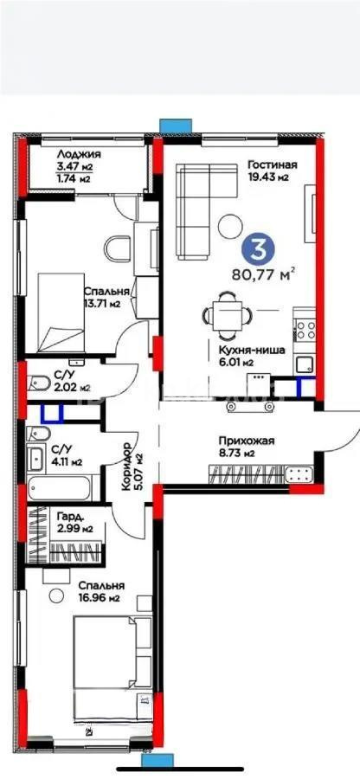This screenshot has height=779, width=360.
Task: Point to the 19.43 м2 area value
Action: click(x=267, y=177)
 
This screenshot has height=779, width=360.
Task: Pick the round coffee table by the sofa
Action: click(x=231, y=226)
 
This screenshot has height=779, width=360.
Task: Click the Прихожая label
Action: click(x=246, y=440)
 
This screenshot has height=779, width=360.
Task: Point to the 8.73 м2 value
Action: click(x=237, y=453)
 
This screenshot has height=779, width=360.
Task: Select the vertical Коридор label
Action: click(x=127, y=467)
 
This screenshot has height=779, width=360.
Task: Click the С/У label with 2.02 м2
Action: click(x=62, y=375)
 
